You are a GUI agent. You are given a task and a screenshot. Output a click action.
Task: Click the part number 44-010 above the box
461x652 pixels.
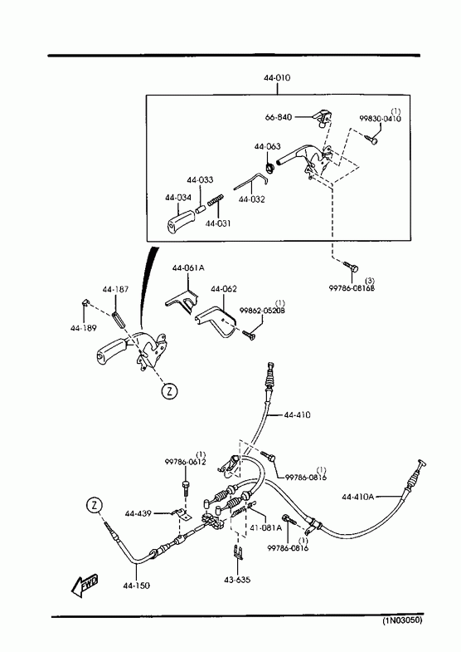pyautogui.click(x=277, y=78)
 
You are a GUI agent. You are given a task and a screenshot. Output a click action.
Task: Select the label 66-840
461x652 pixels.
pyautogui.click(x=279, y=117)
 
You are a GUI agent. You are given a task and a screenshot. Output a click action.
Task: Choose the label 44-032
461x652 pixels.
pyautogui.click(x=251, y=199)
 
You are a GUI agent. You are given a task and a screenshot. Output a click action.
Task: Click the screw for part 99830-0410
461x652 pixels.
pyautogui.click(x=371, y=140)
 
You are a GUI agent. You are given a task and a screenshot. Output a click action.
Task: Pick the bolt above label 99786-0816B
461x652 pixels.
pyautogui.click(x=351, y=267)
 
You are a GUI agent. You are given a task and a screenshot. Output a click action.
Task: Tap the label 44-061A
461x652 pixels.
pyautogui.click(x=188, y=268)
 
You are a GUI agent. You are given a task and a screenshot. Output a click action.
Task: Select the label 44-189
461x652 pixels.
pyautogui.click(x=84, y=328)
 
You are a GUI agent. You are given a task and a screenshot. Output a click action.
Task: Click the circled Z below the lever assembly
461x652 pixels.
pyautogui.click(x=169, y=391)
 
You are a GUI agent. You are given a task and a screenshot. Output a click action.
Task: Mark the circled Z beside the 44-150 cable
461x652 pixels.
pyautogui.click(x=95, y=505)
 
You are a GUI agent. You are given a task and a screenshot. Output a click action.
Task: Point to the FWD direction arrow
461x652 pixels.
pyautogui.click(x=85, y=586)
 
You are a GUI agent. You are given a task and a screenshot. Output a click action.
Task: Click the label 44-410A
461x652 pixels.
pyautogui.click(x=358, y=497)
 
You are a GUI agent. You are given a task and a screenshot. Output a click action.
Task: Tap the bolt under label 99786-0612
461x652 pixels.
pyautogui.click(x=185, y=488)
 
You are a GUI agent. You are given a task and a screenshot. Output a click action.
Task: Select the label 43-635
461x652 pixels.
pyautogui.click(x=237, y=580)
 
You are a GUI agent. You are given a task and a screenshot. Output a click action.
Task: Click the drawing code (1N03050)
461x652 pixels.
pyautogui.click(x=402, y=620)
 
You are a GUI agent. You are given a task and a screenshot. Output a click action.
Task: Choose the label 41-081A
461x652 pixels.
pyautogui.click(x=265, y=527)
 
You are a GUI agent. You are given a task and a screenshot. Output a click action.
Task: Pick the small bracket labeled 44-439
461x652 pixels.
pyautogui.click(x=182, y=514)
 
